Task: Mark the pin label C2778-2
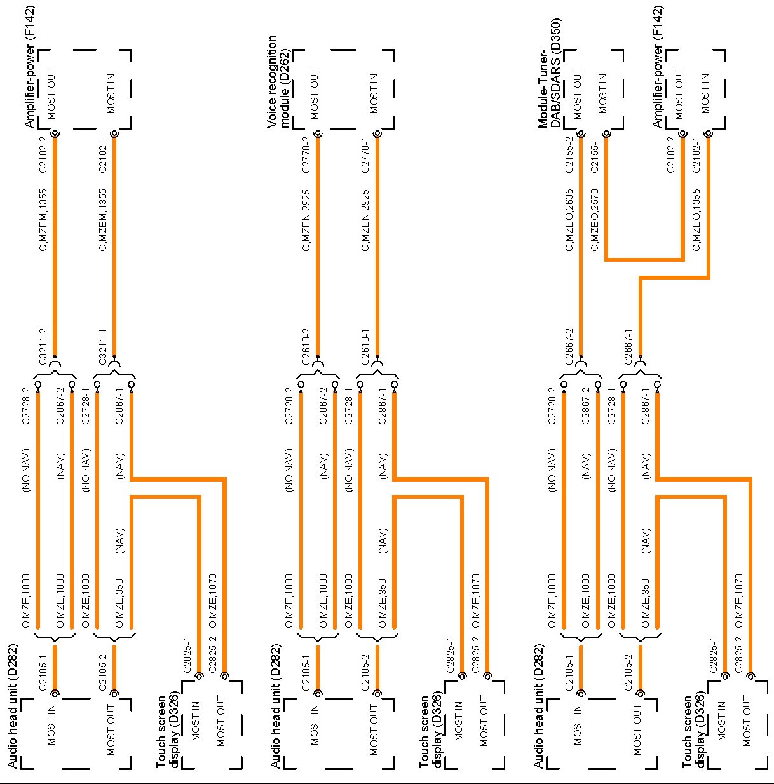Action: point(306,156)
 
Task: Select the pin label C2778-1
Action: point(365,156)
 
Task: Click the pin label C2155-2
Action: point(569,156)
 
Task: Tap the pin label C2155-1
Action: point(595,156)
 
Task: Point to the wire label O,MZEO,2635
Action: point(569,220)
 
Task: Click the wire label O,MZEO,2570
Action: point(595,220)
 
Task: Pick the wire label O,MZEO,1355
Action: point(696,220)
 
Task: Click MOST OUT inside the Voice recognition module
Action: point(315,93)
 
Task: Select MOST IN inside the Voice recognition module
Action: point(374,93)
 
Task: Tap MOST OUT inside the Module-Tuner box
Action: point(578,93)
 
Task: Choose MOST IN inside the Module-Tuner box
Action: point(603,93)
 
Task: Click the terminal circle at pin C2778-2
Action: point(318,134)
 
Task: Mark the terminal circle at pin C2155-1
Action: point(606,134)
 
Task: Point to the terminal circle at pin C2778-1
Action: point(377,134)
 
